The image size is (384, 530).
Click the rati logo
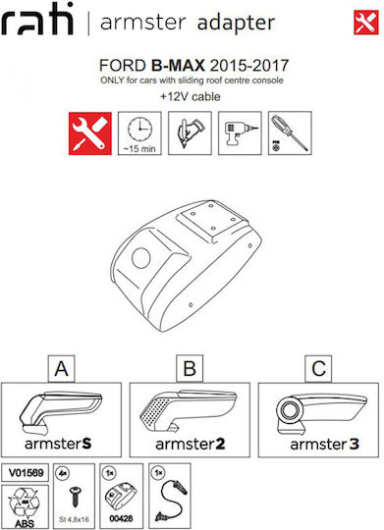tap(37, 19)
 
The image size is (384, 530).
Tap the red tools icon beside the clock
tap(90, 133)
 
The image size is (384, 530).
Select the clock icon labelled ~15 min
tap(139, 133)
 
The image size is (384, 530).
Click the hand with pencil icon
tap(190, 133)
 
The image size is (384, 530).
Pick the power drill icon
tap(240, 133)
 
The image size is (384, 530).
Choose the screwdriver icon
tap(290, 133)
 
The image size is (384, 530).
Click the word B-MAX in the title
tap(178, 65)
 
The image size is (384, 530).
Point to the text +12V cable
tap(191, 96)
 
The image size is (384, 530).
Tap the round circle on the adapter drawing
tap(141, 258)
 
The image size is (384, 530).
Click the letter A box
tap(61, 368)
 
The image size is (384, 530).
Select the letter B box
tap(190, 368)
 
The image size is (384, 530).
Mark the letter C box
tap(318, 368)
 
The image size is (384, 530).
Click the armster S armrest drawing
tap(61, 412)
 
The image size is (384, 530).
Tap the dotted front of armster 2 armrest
tap(154, 412)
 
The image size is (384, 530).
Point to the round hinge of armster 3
tap(290, 410)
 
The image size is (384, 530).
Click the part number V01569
tap(26, 472)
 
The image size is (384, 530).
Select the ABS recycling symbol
tap(25, 503)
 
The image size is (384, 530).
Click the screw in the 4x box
tap(74, 496)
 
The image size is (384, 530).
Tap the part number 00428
tap(121, 518)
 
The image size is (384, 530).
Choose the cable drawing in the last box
tap(171, 501)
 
